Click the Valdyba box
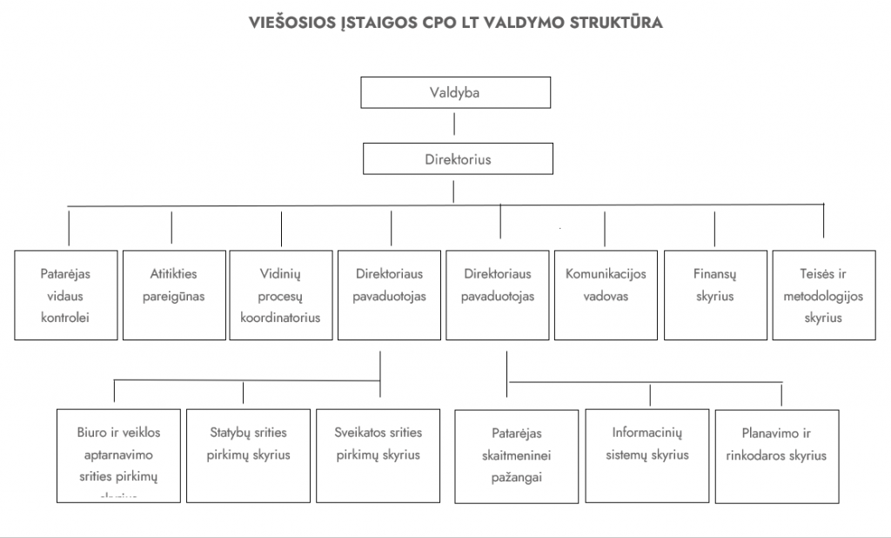point(454,92)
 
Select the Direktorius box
point(458,160)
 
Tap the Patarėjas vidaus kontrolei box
point(65,295)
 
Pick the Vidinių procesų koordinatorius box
point(280,295)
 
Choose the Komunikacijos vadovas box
point(606,295)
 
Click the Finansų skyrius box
point(714,295)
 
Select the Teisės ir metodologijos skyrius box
point(823,295)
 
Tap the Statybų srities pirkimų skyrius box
point(248,454)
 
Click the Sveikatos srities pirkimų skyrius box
point(378,454)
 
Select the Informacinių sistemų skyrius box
point(647,454)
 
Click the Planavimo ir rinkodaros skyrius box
point(776,454)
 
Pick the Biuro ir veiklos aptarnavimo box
point(118,454)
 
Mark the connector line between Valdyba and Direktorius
point(456,125)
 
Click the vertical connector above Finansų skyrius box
point(714,228)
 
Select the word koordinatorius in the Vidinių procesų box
point(280,318)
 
